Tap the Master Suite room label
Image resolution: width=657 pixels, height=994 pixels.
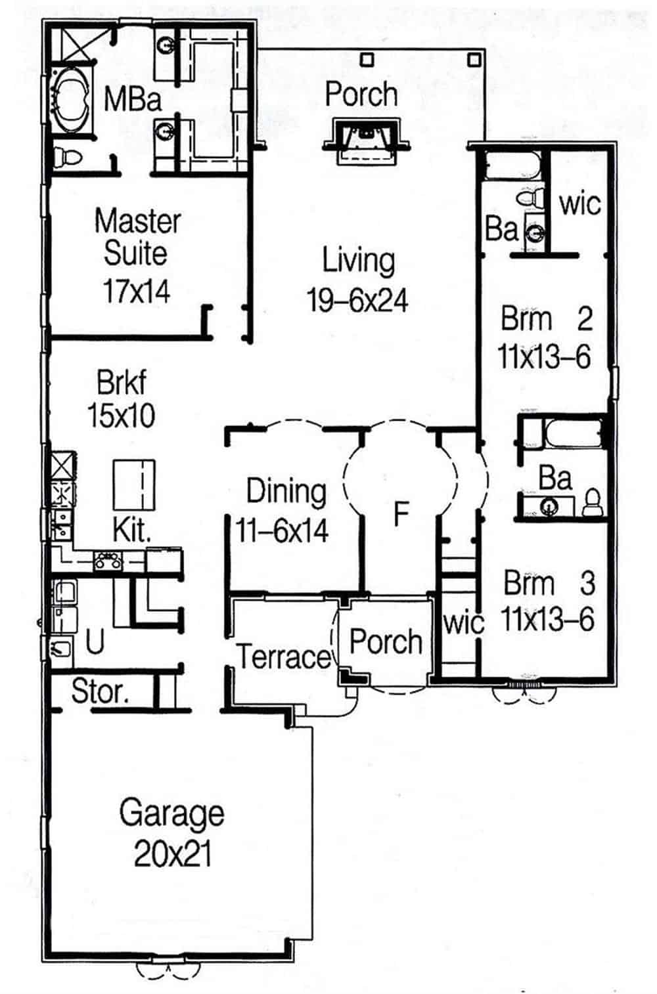[137, 237]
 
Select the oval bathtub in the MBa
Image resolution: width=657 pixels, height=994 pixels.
[71, 100]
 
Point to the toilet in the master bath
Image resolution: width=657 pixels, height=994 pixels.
[67, 157]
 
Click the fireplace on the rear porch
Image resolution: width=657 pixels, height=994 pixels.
[366, 140]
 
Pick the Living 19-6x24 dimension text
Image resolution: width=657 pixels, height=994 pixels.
[358, 301]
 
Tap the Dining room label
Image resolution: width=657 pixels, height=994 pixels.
[286, 492]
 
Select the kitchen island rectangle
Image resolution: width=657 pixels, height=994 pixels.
[134, 485]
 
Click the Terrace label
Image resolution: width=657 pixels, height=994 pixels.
[284, 657]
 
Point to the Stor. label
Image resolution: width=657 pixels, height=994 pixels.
[101, 691]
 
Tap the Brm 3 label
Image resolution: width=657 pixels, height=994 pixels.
[549, 583]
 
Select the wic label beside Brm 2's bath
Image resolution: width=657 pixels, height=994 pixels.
[579, 204]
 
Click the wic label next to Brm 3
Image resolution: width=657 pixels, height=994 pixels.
[463, 624]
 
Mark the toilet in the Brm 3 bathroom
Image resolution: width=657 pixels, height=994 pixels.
[592, 502]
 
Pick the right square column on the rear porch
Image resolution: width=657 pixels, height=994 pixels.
[474, 60]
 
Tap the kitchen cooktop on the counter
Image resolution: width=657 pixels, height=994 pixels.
[108, 561]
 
